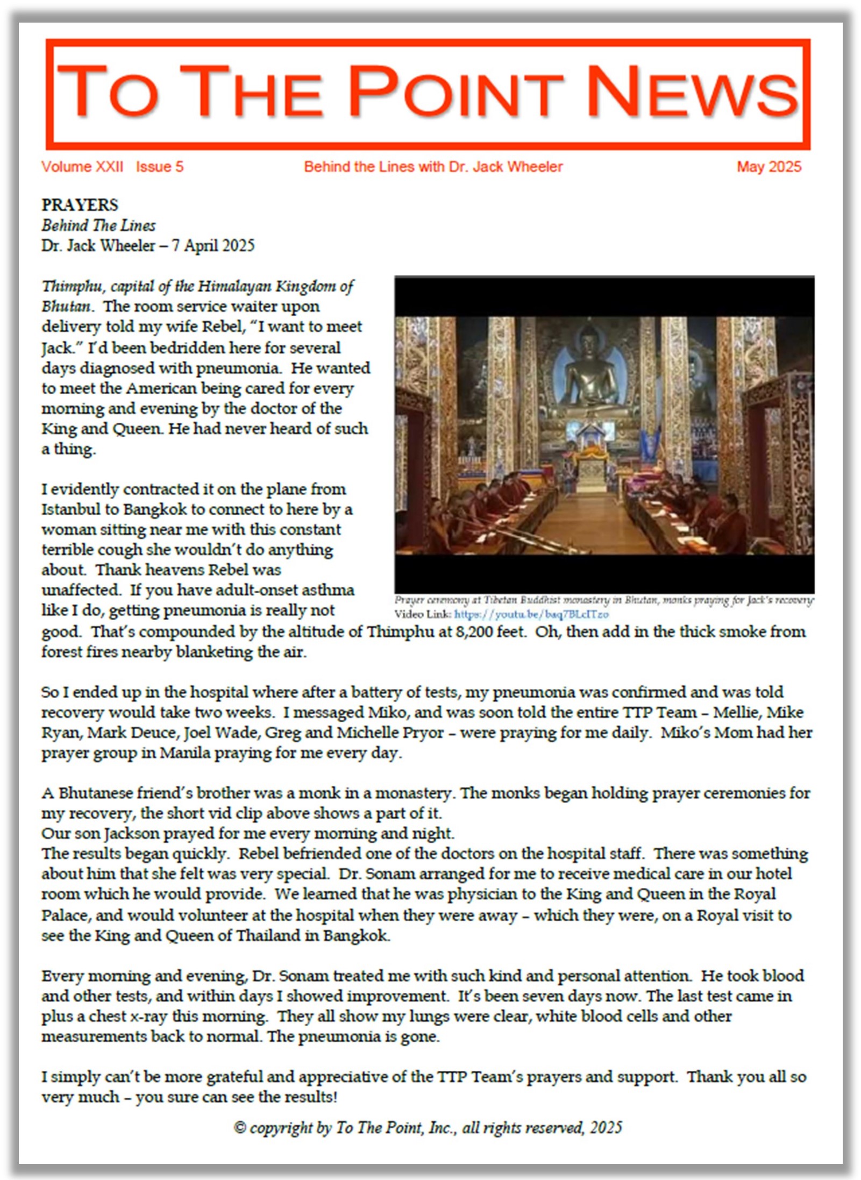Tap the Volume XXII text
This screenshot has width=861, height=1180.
82,167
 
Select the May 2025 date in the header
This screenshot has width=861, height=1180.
769,167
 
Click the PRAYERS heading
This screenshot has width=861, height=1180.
80,205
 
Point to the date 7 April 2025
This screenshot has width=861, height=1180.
213,246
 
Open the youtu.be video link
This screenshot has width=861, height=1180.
531,614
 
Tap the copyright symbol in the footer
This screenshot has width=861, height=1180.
240,1127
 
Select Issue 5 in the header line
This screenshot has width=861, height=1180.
160,167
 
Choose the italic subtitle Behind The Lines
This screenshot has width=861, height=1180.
98,225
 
